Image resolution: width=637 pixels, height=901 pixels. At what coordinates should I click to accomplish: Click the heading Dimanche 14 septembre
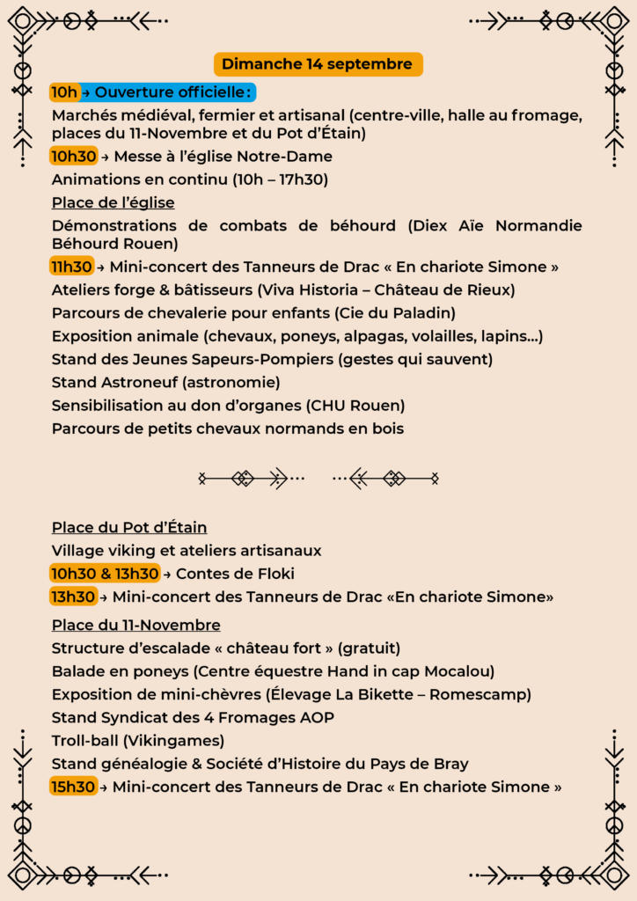pyautogui.click(x=317, y=64)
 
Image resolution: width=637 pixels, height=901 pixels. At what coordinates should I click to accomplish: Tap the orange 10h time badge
pyautogui.click(x=64, y=92)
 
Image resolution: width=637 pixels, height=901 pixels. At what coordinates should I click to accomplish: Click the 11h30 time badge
pyautogui.click(x=71, y=267)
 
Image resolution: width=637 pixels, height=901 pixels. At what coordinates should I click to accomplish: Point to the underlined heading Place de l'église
pyautogui.click(x=113, y=203)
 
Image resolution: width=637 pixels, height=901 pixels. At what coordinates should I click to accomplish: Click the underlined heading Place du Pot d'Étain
pyautogui.click(x=129, y=528)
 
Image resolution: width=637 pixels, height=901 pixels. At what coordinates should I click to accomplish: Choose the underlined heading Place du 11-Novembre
pyautogui.click(x=135, y=626)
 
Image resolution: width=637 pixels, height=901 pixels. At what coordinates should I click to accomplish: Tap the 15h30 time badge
pyautogui.click(x=73, y=787)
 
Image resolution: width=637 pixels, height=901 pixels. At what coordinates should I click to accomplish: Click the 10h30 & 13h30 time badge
pyautogui.click(x=105, y=574)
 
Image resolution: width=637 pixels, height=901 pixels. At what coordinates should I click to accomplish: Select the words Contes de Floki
pyautogui.click(x=235, y=574)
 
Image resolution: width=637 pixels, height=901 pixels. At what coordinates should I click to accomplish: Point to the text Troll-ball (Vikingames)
pyautogui.click(x=137, y=741)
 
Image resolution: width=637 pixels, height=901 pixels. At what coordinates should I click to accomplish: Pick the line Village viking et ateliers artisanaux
pyautogui.click(x=187, y=551)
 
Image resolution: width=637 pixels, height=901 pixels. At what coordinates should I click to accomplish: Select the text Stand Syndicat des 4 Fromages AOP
pyautogui.click(x=193, y=718)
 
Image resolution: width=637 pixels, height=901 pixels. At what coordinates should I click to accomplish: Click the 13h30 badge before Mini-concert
pyautogui.click(x=73, y=597)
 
